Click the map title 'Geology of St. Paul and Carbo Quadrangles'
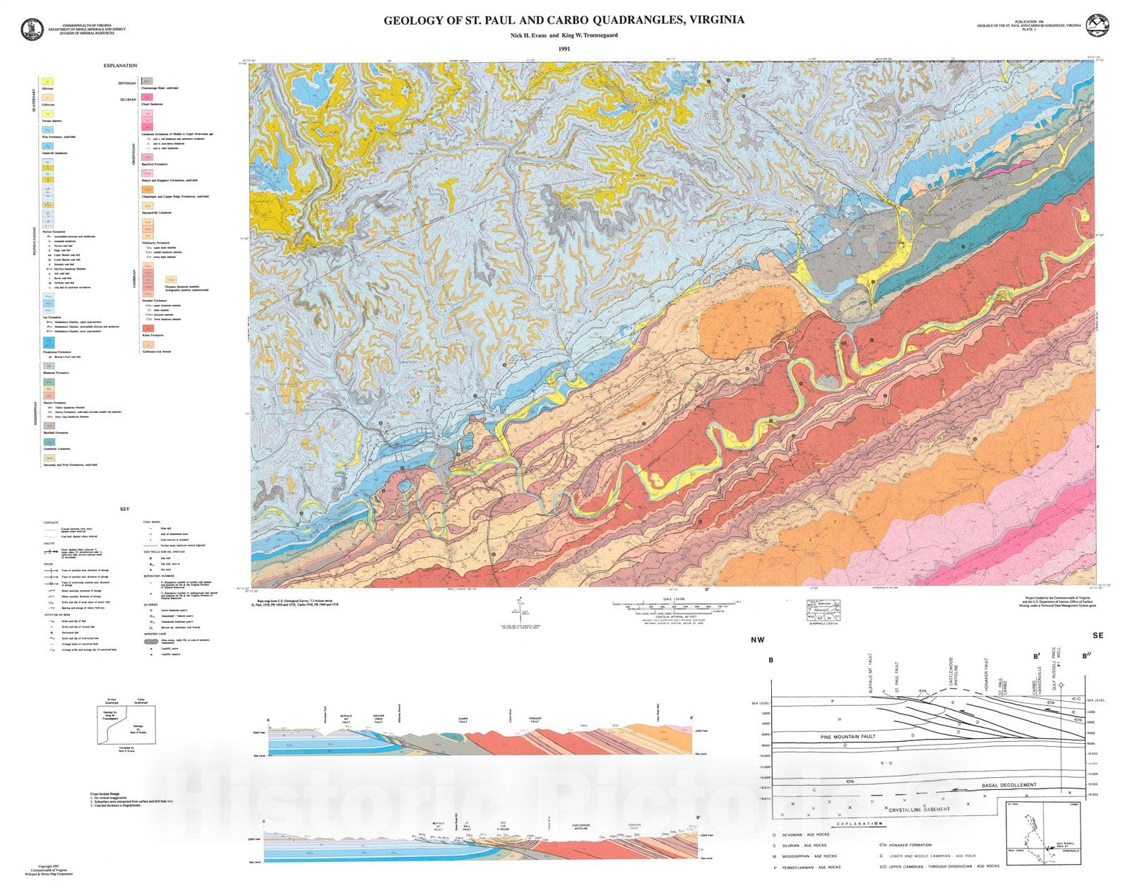coord(564,20)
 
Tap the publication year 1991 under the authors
coord(564,49)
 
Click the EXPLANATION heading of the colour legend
coord(120,66)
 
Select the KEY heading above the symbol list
coord(125,509)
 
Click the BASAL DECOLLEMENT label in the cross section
coord(1009,785)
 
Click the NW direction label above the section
coord(757,640)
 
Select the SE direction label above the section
coord(1098,635)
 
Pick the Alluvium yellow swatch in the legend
coord(48,83)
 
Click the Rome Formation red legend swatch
coord(148,328)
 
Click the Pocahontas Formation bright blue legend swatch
coord(48,342)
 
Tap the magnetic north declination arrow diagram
coord(521,608)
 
